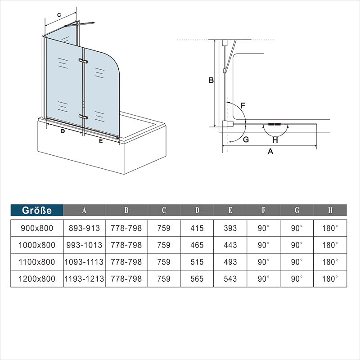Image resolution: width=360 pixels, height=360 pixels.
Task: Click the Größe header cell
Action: pyautogui.click(x=37, y=210)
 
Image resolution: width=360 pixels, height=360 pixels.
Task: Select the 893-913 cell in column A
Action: pyautogui.click(x=84, y=228)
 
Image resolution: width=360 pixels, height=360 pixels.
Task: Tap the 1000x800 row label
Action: pyautogui.click(x=37, y=245)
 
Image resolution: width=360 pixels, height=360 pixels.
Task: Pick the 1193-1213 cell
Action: pyautogui.click(x=84, y=279)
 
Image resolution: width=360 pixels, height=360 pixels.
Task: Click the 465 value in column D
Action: pyautogui.click(x=197, y=245)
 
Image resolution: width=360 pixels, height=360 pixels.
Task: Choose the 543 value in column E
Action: pyautogui.click(x=230, y=279)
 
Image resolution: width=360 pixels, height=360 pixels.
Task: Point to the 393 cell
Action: pyautogui.click(x=230, y=228)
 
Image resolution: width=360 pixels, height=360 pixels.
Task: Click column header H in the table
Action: pyautogui.click(x=330, y=210)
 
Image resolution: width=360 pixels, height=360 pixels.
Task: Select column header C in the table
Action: pyautogui.click(x=164, y=210)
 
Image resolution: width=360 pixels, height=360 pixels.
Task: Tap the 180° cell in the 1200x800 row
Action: pyautogui.click(x=330, y=279)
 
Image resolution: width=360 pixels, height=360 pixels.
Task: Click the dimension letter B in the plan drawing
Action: pyautogui.click(x=211, y=80)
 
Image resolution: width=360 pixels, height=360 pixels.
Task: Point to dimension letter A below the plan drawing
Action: pyautogui.click(x=270, y=151)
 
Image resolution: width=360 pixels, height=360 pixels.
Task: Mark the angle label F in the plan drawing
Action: pyautogui.click(x=243, y=106)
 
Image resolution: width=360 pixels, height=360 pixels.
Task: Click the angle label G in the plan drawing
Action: pyautogui.click(x=246, y=139)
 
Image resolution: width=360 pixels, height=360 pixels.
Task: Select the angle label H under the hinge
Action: pyautogui.click(x=275, y=140)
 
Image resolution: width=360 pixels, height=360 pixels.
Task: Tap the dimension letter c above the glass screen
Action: pyautogui.click(x=59, y=15)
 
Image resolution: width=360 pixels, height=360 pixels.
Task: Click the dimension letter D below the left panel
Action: pyautogui.click(x=63, y=131)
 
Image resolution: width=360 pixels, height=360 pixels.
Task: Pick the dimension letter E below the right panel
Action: pyautogui.click(x=101, y=141)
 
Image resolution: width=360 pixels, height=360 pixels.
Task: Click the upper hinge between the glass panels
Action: pyautogui.click(x=83, y=61)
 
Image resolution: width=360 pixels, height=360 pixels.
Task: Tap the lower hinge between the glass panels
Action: pyautogui.click(x=83, y=117)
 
